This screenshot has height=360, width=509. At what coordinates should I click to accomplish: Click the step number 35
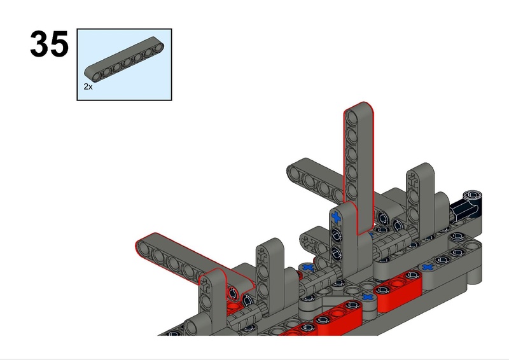coord(49,45)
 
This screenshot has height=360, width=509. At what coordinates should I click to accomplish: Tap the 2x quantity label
coord(88,87)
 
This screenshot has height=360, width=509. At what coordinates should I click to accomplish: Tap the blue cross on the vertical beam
coord(336,219)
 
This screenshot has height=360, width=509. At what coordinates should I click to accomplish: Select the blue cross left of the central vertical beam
coord(309,268)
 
